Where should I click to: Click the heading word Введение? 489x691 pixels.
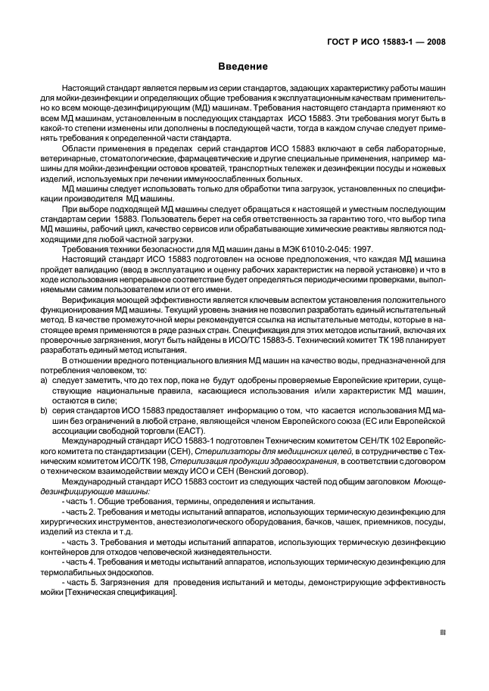pyautogui.click(x=244, y=66)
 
